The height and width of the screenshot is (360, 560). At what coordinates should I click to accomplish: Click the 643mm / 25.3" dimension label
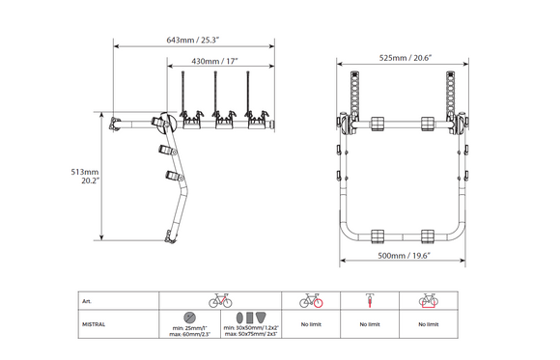tap(192, 40)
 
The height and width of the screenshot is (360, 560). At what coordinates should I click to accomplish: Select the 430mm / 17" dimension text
tap(214, 61)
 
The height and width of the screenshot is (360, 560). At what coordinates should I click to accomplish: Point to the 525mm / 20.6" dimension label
tap(406, 58)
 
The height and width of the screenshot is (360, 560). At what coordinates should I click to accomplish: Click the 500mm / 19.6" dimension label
tap(404, 256)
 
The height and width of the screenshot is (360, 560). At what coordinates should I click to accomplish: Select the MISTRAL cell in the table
tap(94, 324)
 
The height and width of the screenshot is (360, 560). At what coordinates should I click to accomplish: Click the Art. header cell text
tap(87, 301)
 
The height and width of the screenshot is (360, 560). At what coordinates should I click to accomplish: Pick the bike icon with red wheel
tap(311, 301)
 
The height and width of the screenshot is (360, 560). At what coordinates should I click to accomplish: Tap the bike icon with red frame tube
tap(220, 301)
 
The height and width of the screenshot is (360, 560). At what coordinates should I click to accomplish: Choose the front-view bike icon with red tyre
tap(370, 301)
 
